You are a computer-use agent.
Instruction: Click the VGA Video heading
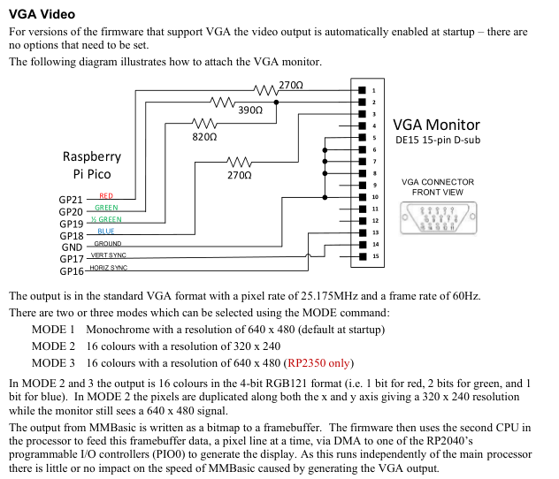pos(42,14)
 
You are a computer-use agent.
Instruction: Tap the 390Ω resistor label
pos(250,110)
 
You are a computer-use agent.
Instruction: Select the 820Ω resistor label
pos(204,137)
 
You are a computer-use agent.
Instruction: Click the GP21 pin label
pos(71,200)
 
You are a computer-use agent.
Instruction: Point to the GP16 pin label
pos(72,271)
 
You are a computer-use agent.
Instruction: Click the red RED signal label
pos(106,196)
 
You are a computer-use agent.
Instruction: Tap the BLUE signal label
pos(106,232)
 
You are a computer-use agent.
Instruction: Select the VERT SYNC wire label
pos(109,255)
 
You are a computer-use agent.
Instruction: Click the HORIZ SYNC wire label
pos(109,268)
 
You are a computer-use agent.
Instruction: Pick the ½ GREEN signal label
pos(106,219)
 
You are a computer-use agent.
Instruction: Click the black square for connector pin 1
pos(363,90)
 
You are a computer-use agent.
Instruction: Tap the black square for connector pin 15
pos(363,256)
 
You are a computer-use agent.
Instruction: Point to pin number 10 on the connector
pos(375,197)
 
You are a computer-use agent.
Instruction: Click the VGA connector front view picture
pos(439,218)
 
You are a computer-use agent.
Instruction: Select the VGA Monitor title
pos(436,125)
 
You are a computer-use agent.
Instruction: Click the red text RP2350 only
pos(318,363)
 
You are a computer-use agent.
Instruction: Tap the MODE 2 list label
pos(53,346)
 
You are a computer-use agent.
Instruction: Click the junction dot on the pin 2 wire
pos(276,103)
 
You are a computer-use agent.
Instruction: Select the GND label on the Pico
pos(72,247)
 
